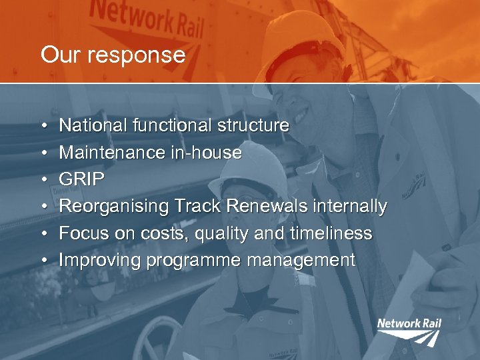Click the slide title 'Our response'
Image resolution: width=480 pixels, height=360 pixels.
113,55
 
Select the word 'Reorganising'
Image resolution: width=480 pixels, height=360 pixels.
114,207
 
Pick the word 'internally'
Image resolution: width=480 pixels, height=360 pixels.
347,207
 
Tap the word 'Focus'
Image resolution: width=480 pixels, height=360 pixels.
83,234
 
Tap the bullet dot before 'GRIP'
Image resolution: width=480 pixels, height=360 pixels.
43,180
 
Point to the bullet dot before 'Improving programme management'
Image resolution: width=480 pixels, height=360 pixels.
43,261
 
